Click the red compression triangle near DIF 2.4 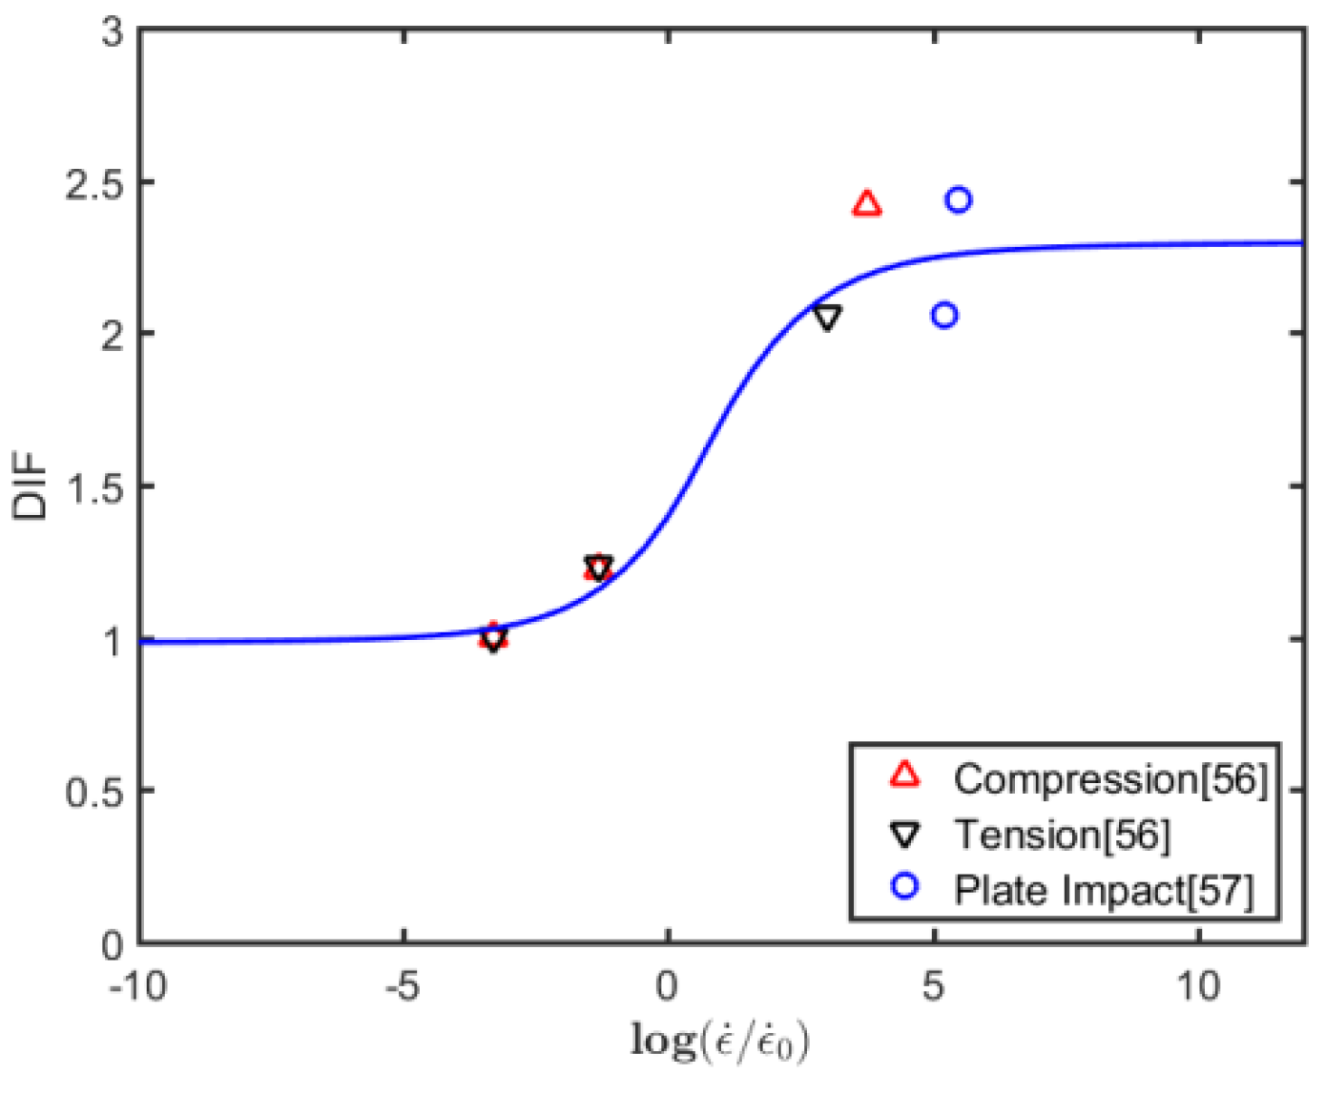866,204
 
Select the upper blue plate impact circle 959,199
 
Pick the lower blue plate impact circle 944,315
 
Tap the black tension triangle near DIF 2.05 827,318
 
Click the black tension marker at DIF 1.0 493,639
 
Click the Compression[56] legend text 1110,779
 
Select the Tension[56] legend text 1062,835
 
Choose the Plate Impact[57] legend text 1103,890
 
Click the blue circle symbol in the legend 904,887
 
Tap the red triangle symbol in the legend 904,775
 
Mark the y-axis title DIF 31,486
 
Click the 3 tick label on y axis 114,31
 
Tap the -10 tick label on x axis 139,986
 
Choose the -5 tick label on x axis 404,986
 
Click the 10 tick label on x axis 1198,986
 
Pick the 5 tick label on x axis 934,986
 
